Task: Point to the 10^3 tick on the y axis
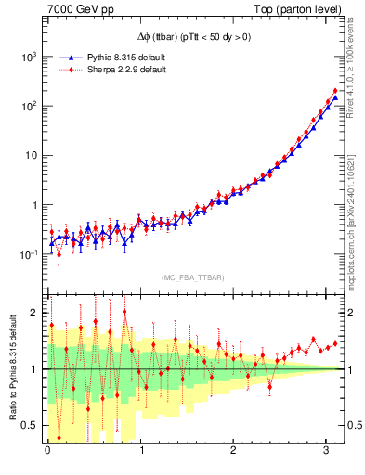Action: coord(30,57)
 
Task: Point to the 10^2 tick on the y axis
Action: coord(30,106)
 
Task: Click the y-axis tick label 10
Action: coord(32,156)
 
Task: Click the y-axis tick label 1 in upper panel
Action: coord(36,205)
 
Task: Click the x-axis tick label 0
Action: coord(47,451)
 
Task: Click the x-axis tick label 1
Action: coord(141,451)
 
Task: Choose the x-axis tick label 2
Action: coord(234,451)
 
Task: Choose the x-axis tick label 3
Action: coord(327,451)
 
